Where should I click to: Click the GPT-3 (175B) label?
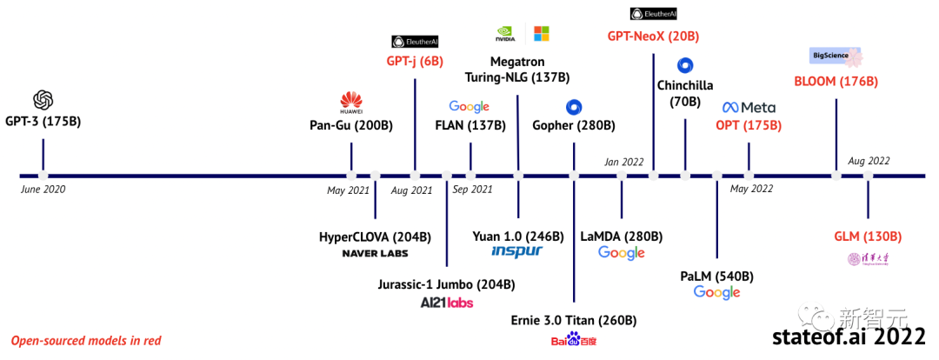click(x=43, y=121)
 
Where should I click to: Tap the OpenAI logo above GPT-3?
click(x=43, y=99)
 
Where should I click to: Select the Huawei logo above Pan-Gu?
click(x=351, y=102)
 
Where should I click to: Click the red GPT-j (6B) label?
click(x=415, y=62)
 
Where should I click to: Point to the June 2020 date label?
click(x=43, y=189)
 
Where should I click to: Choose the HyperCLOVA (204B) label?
click(x=375, y=236)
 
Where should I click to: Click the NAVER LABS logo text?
click(x=375, y=253)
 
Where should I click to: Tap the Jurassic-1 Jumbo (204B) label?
click(x=446, y=284)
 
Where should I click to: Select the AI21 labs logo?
click(x=446, y=303)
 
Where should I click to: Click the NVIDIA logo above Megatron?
click(x=505, y=34)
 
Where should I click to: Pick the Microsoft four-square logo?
click(x=541, y=34)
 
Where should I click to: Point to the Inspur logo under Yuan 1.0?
click(x=516, y=251)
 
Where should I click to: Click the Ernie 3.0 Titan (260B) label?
click(x=573, y=318)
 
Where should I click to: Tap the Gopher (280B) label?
click(x=574, y=125)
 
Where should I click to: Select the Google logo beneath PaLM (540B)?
click(x=716, y=293)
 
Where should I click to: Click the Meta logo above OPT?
click(x=749, y=107)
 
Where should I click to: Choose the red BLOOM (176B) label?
click(x=836, y=82)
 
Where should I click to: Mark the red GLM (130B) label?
click(x=867, y=237)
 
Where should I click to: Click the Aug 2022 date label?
click(x=869, y=161)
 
